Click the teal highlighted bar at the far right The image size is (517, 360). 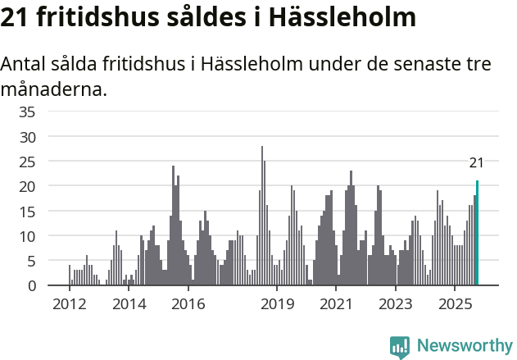coord(477,234)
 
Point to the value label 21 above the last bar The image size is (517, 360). coord(476,163)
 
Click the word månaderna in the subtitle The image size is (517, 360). coord(54,89)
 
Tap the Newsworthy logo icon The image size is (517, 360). coord(400,347)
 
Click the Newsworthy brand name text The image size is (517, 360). coord(465,347)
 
